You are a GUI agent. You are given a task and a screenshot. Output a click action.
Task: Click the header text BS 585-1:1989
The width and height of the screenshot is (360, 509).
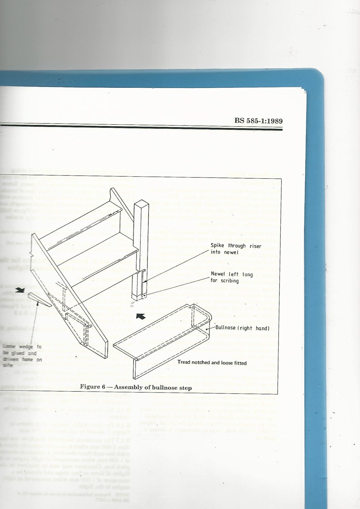coord(258,121)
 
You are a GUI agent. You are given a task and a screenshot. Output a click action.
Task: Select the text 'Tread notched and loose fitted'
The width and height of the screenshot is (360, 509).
coord(212,362)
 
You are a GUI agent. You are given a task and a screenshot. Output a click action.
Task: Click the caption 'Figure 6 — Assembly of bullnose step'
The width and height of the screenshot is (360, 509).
coord(135,387)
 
